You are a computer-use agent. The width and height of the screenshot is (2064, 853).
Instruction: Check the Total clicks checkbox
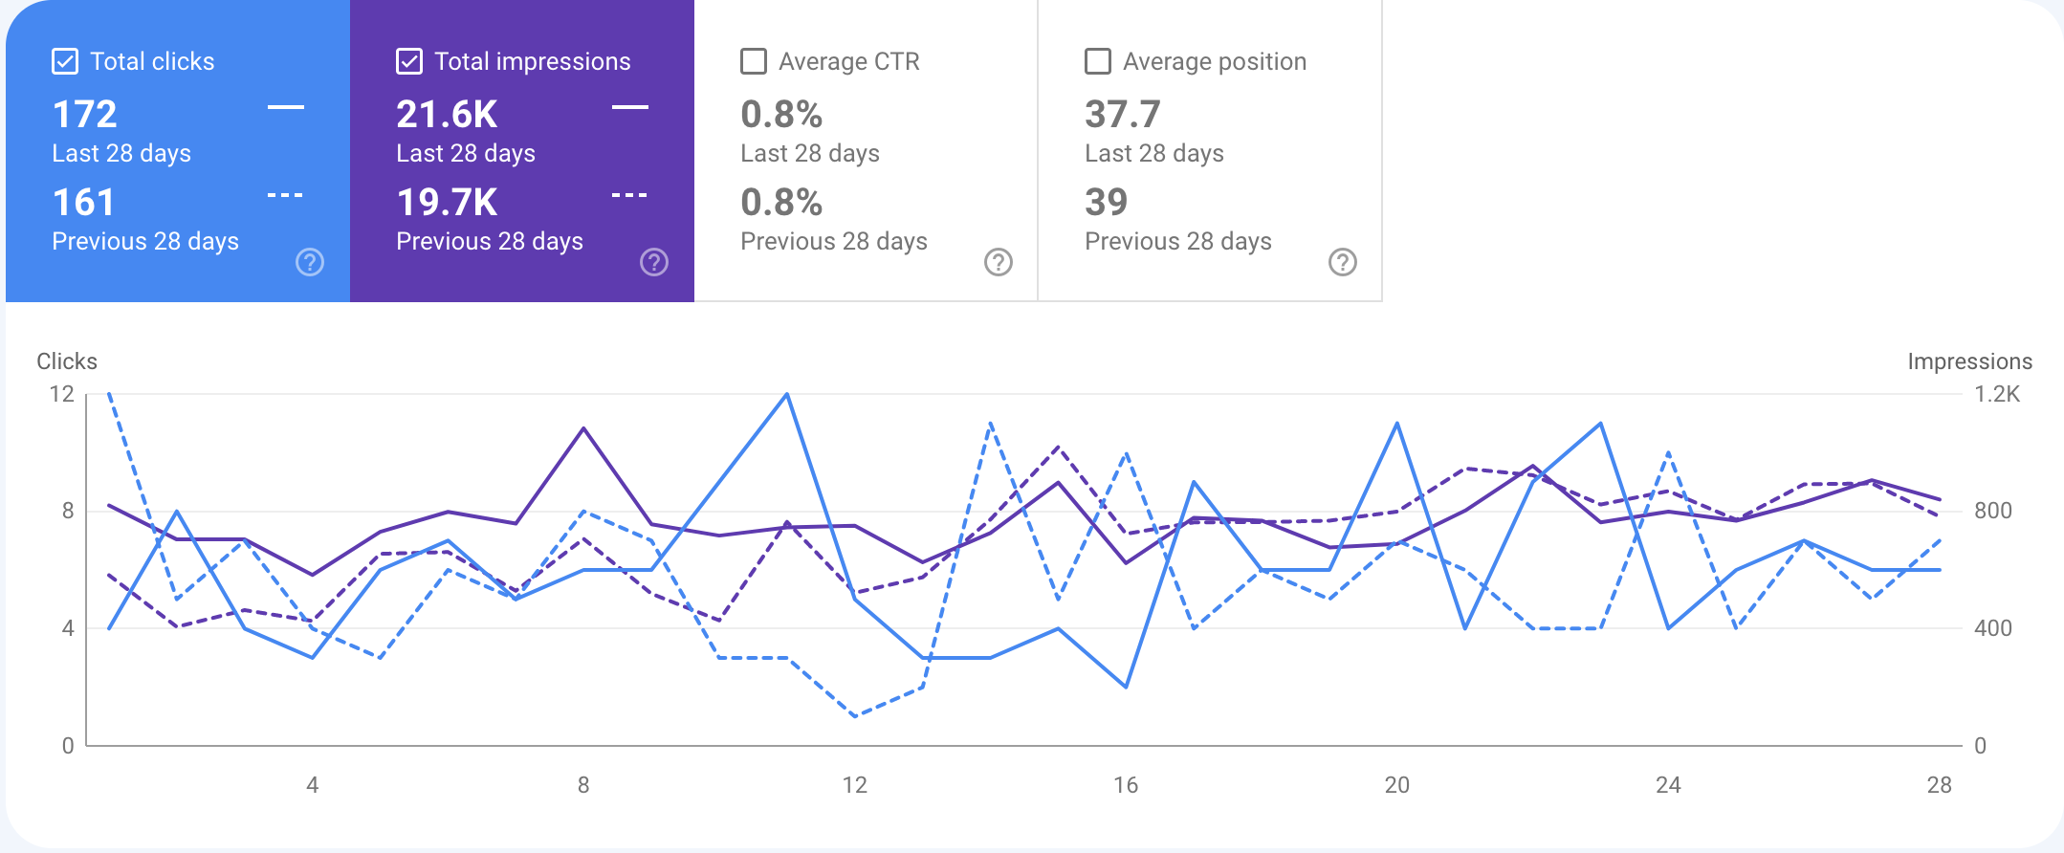[x=65, y=62]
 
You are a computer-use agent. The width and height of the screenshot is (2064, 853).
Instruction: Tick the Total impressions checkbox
[x=409, y=62]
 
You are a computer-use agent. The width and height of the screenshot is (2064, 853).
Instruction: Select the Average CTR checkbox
[x=754, y=62]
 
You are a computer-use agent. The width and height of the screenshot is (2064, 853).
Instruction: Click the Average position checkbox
[x=1098, y=62]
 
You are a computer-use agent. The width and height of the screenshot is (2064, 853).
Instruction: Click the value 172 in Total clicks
[x=85, y=115]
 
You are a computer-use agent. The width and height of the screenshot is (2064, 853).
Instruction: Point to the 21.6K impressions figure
[x=447, y=115]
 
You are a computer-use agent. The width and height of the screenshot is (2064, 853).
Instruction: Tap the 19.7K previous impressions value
[x=447, y=203]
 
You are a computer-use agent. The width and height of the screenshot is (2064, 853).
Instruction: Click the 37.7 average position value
[x=1122, y=115]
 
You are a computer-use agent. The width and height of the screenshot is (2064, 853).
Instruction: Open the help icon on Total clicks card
[x=310, y=262]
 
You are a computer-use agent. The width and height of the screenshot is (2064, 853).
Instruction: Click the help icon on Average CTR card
[x=999, y=262]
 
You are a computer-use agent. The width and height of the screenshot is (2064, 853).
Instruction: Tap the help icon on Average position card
[x=1343, y=262]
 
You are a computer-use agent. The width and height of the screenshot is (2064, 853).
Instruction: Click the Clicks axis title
[x=67, y=361]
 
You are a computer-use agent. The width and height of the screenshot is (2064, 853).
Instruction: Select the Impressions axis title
[x=1969, y=361]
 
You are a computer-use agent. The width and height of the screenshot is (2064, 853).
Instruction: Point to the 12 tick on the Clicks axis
[x=62, y=394]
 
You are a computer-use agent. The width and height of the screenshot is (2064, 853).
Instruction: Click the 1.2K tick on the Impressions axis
[x=1997, y=394]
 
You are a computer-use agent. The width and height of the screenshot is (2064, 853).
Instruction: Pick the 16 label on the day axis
[x=1126, y=785]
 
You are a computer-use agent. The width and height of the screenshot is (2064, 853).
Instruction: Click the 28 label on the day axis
[x=1939, y=785]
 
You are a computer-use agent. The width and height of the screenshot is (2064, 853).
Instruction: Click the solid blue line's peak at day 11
[x=787, y=394]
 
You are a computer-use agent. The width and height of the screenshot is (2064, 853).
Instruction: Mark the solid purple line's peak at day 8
[x=583, y=428]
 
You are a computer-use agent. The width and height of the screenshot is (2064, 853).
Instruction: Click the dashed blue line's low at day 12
[x=855, y=716]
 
